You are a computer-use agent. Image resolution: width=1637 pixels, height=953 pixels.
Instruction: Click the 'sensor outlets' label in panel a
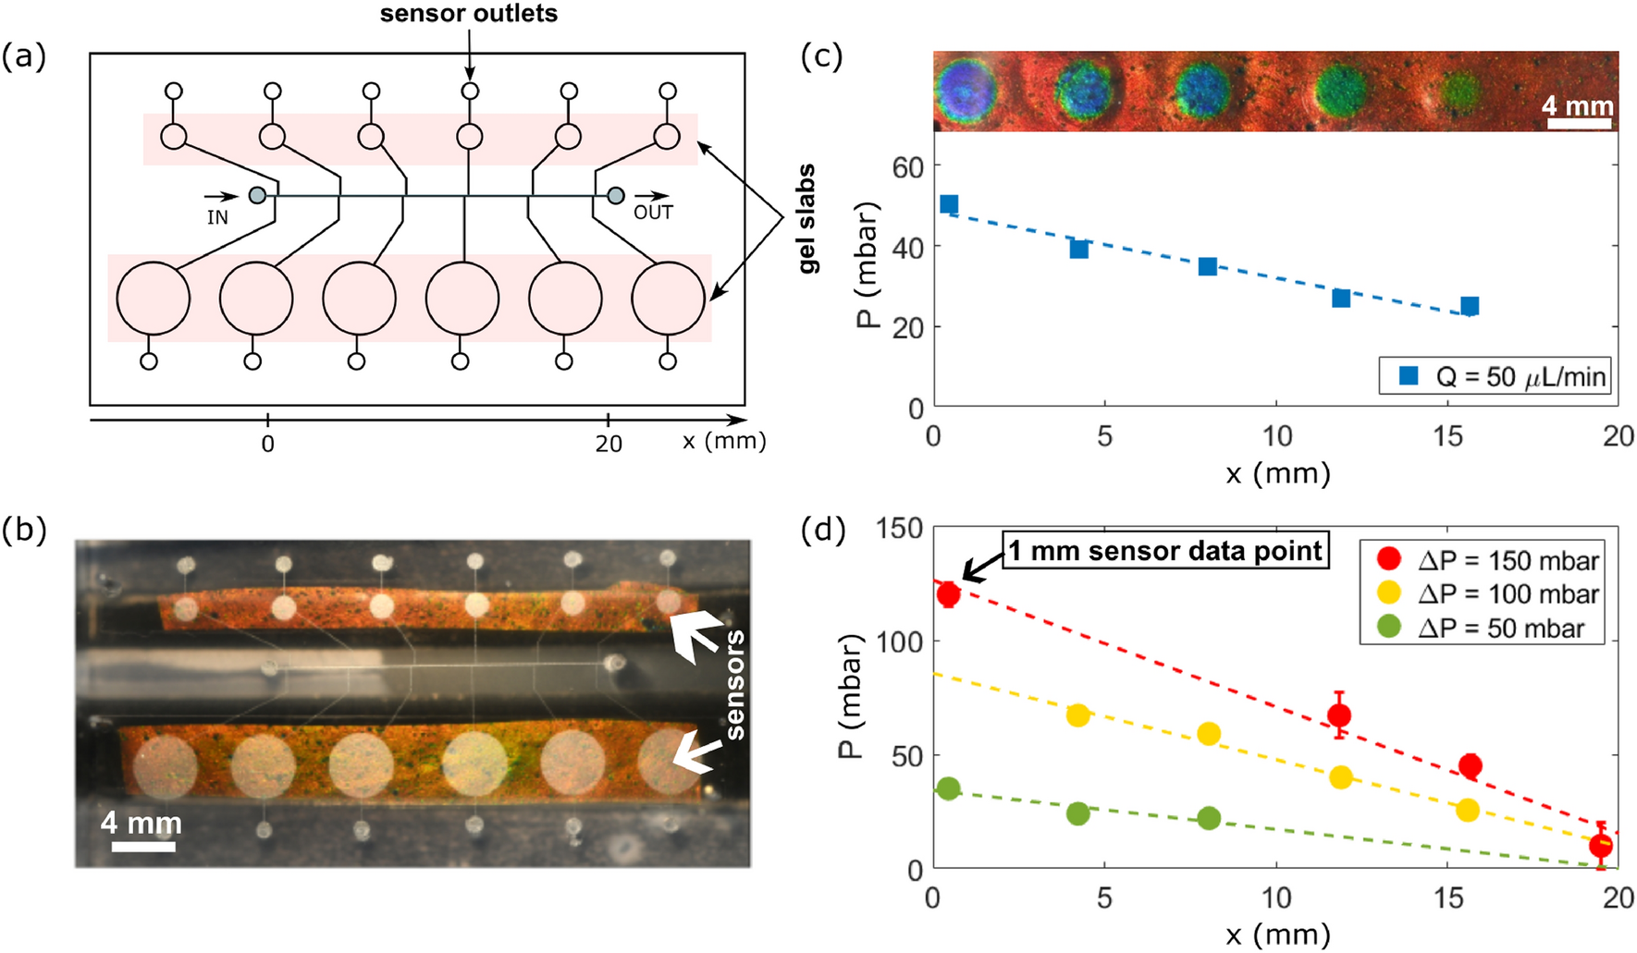(469, 14)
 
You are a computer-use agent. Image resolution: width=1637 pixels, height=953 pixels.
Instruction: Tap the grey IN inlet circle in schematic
(258, 195)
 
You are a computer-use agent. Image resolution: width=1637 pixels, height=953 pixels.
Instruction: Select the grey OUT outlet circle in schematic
(615, 195)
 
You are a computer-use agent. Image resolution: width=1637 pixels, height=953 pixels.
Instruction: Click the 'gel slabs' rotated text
(806, 219)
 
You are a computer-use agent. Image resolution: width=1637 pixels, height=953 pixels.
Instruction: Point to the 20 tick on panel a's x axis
(608, 444)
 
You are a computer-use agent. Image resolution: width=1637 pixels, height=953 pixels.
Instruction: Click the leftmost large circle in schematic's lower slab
(153, 299)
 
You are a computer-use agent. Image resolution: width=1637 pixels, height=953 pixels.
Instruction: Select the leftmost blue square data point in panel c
(949, 204)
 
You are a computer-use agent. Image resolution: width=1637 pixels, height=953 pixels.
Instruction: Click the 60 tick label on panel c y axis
(907, 167)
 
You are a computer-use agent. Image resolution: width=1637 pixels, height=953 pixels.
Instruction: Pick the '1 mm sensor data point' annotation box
(1165, 551)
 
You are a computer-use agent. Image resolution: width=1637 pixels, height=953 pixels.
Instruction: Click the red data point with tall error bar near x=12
(1338, 715)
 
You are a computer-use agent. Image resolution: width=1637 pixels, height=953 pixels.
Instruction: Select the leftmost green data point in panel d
(948, 788)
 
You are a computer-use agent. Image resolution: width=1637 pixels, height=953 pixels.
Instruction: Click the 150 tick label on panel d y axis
(899, 529)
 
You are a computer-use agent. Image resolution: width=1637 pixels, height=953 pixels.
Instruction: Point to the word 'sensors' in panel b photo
(734, 684)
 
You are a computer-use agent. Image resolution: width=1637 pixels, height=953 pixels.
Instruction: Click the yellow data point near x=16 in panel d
(1468, 810)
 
